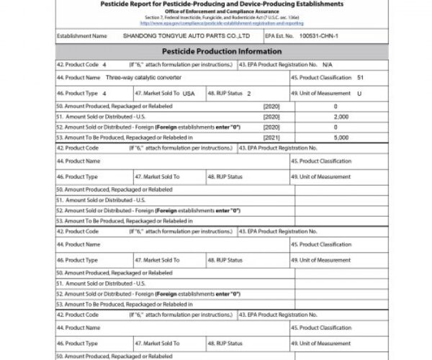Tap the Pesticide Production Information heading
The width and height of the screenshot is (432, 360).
[x=220, y=53]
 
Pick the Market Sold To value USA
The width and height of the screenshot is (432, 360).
[x=189, y=94]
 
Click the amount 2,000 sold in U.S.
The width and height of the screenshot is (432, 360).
[x=342, y=116]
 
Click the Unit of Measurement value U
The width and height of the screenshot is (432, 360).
[x=359, y=94]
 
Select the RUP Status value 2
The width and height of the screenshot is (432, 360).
[x=248, y=94]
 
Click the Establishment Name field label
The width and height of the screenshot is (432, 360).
[x=81, y=35]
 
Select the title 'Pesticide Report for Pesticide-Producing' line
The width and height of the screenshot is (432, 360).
[x=219, y=4]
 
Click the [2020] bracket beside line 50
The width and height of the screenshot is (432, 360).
[x=271, y=106]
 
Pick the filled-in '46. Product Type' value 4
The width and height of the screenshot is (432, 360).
[x=104, y=94]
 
